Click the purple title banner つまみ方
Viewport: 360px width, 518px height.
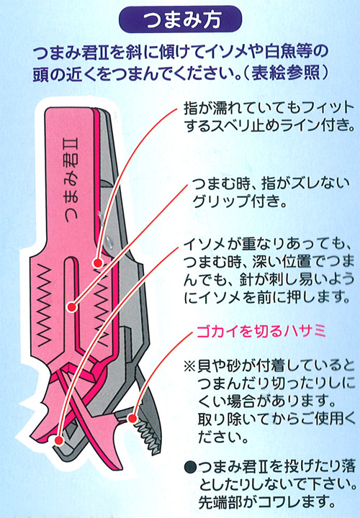click(180, 19)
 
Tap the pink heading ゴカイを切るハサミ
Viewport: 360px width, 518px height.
click(261, 332)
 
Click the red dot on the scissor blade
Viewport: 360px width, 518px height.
click(132, 419)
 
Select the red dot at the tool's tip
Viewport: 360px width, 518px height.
click(59, 440)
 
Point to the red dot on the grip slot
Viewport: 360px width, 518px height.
click(72, 307)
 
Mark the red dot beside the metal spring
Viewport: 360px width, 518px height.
click(97, 263)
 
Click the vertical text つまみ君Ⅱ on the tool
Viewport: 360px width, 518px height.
click(72, 180)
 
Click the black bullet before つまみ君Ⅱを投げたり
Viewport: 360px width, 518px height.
click(191, 467)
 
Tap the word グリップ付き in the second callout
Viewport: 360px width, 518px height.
click(239, 201)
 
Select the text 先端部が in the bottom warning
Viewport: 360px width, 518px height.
click(227, 502)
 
